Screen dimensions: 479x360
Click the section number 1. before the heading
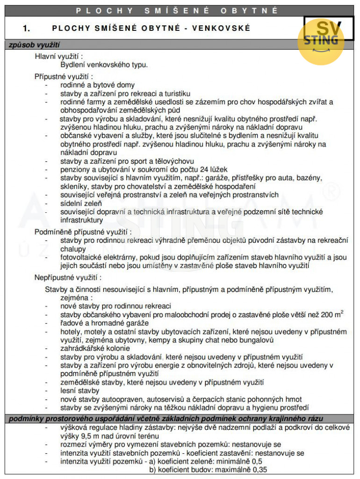[x=27, y=29]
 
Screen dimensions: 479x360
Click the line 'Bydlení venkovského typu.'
[x=104, y=65]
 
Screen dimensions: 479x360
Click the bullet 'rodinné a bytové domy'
[x=97, y=85]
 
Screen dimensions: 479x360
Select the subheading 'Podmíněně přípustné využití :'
[x=83, y=232]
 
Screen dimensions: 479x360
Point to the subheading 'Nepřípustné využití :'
[x=67, y=278]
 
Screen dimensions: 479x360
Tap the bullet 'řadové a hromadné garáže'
[x=104, y=323]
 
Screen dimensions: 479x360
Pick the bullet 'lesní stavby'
[x=79, y=391]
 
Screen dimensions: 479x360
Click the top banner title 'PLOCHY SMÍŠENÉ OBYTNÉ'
[x=177, y=10]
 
